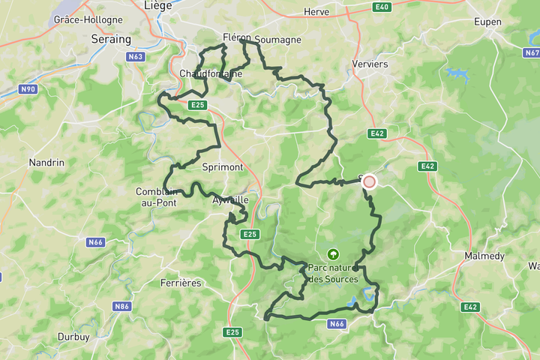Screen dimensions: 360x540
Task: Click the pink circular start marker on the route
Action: click(x=369, y=181)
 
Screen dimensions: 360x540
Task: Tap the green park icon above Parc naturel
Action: click(x=333, y=254)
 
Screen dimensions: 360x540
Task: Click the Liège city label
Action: click(x=158, y=4)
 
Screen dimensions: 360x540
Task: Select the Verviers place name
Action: click(x=370, y=64)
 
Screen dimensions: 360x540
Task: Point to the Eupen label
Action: click(x=487, y=22)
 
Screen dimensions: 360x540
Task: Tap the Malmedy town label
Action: click(x=484, y=256)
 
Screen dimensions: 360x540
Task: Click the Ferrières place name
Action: click(x=181, y=283)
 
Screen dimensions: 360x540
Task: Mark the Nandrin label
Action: click(x=46, y=162)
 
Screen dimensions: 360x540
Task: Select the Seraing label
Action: click(x=110, y=39)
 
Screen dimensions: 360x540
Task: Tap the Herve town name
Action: click(x=316, y=12)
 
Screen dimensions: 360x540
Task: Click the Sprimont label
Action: click(x=223, y=166)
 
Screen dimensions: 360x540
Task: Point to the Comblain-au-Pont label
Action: click(x=156, y=196)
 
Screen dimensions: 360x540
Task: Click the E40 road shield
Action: click(x=382, y=7)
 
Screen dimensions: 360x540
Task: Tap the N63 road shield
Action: click(x=136, y=56)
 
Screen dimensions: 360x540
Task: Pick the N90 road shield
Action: click(x=28, y=89)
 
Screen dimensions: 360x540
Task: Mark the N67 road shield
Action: click(x=532, y=53)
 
